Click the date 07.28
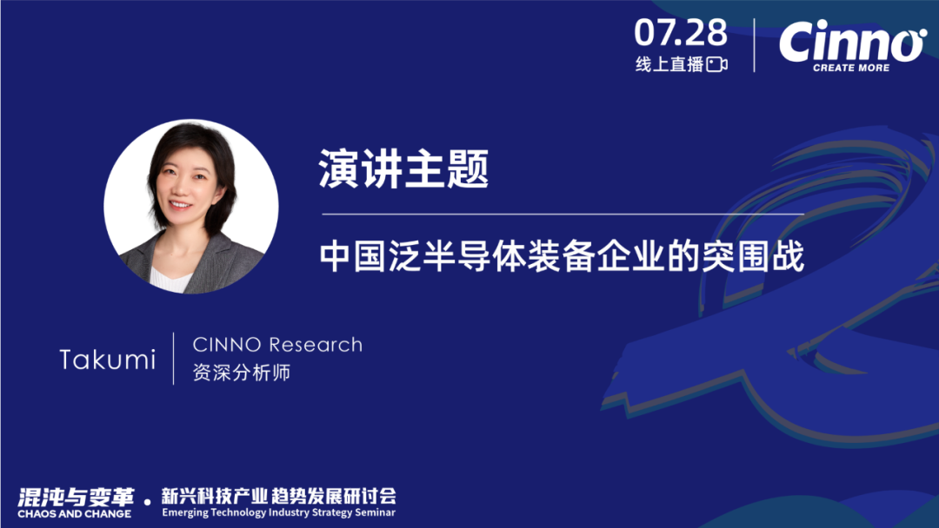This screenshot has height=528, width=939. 681,33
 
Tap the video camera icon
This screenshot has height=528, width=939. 716,64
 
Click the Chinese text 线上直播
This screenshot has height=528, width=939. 669,64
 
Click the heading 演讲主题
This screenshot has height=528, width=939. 404,168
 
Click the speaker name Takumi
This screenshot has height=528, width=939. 108,360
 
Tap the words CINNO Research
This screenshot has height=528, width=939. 277,345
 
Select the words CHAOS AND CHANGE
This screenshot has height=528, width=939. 75,514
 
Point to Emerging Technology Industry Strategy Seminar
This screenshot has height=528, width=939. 278,514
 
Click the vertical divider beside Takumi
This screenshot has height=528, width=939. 174,358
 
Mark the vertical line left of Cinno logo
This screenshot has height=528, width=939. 754,45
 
